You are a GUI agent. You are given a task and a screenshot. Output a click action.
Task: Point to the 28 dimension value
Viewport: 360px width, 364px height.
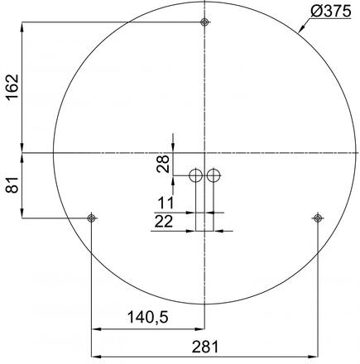coord(162,164)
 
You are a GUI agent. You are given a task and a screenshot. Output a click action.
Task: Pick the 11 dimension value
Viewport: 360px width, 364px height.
coord(166,202)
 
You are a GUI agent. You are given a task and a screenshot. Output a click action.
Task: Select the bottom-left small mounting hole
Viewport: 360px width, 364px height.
coord(92,218)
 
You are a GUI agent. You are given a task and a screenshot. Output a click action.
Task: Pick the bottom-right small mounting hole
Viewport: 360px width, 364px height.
coord(317,218)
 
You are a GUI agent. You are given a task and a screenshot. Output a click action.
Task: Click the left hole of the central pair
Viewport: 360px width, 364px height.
coord(195,175)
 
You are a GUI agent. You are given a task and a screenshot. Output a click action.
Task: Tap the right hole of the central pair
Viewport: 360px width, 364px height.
coord(214,175)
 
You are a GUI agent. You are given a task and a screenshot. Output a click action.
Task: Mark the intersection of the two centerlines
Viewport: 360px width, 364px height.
coord(204,152)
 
